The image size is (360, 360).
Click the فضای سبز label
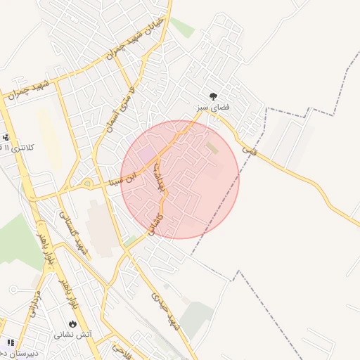(x=214, y=108)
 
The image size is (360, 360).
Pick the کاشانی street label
(x=157, y=225)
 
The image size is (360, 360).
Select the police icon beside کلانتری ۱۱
(x=6, y=137)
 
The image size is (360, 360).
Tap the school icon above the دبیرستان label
(x=9, y=342)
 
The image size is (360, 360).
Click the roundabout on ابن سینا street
(x=87, y=184)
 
